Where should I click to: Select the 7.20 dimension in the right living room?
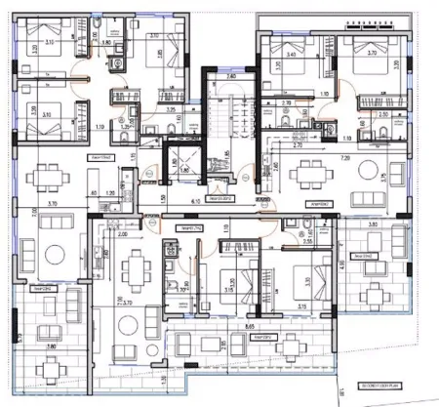pyautogui.click(x=344, y=157)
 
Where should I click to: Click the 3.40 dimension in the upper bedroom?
pyautogui.click(x=290, y=56)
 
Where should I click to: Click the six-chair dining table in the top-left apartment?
pyautogui.click(x=47, y=180)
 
